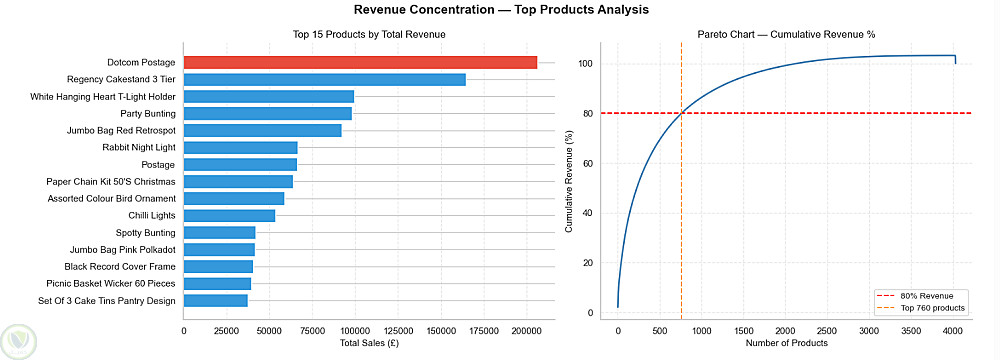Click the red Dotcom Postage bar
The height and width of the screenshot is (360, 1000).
pyautogui.click(x=360, y=63)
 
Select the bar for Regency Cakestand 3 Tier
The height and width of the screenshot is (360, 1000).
pyautogui.click(x=325, y=80)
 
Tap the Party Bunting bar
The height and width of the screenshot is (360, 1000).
pyautogui.click(x=268, y=114)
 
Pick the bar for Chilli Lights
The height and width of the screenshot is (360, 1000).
pyautogui.click(x=230, y=216)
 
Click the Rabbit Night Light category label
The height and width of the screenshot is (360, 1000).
pyautogui.click(x=139, y=147)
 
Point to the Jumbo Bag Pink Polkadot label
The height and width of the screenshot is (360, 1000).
pyautogui.click(x=122, y=250)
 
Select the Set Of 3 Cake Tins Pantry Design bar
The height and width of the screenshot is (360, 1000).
pyautogui.click(x=216, y=301)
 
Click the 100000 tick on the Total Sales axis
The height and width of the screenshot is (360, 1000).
pyautogui.click(x=355, y=331)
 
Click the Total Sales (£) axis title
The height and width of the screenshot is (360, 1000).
pyautogui.click(x=369, y=343)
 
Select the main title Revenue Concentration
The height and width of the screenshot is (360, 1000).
pyautogui.click(x=501, y=10)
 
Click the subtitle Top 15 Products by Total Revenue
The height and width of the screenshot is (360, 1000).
pyautogui.click(x=369, y=34)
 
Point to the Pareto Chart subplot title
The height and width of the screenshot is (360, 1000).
pyautogui.click(x=786, y=34)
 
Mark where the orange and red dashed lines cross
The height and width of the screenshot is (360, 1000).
pyautogui.click(x=682, y=113)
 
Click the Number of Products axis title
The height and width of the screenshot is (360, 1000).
pyautogui.click(x=786, y=343)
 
